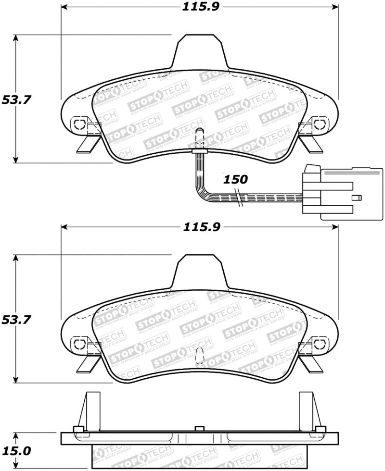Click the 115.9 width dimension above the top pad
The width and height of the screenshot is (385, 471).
click(200, 7)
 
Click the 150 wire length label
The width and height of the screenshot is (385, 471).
click(235, 180)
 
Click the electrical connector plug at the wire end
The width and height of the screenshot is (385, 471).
click(342, 192)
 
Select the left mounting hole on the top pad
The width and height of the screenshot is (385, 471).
click(78, 124)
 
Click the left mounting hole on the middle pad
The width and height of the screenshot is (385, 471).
click(78, 343)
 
